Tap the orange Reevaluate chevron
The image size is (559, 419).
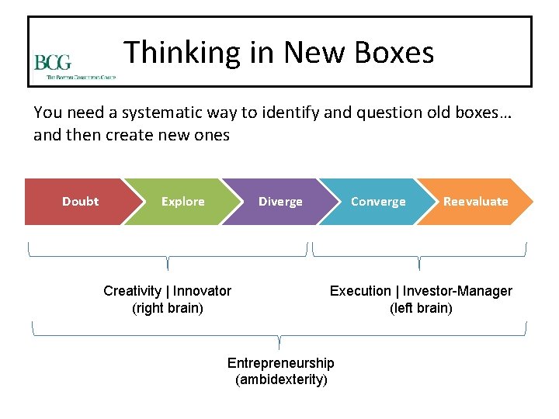pos(475,202)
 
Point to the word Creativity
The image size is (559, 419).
pos(131,291)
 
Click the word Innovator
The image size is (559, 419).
pos(202,291)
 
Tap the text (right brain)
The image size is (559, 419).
pos(168,308)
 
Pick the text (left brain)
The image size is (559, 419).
pos(421,308)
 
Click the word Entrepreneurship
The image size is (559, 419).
pos(280,363)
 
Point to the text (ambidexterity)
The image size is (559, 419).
pos(280,380)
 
